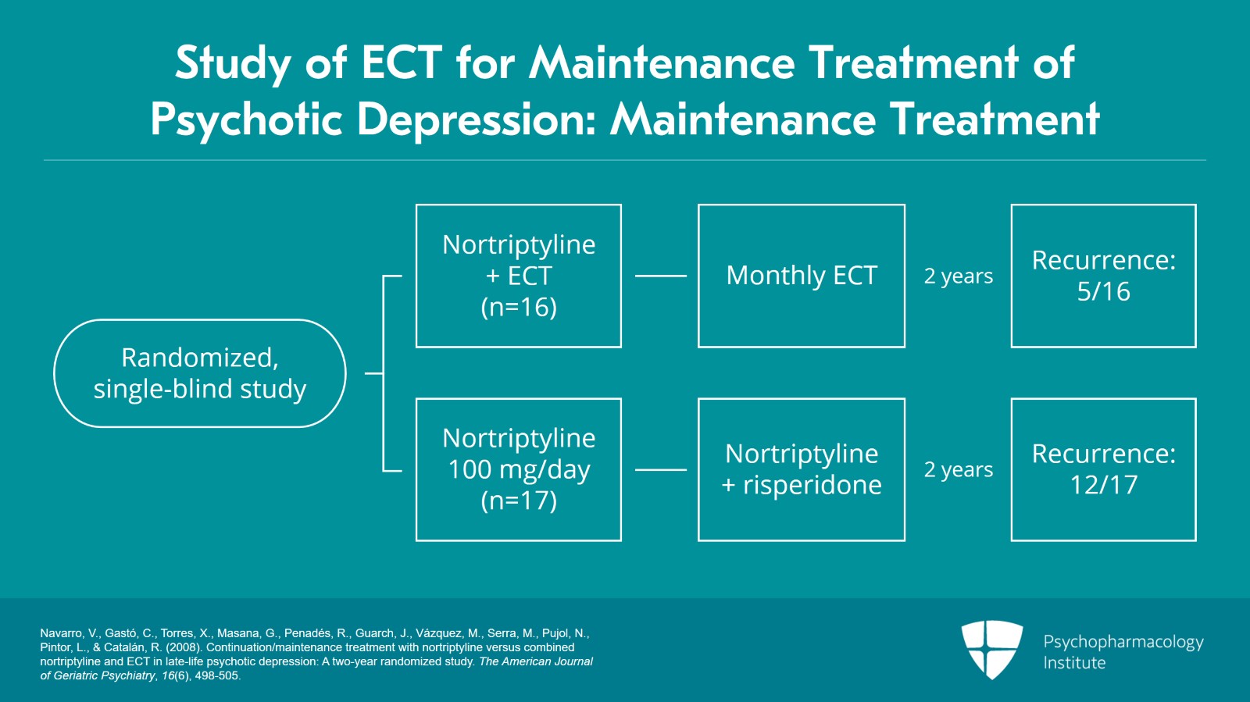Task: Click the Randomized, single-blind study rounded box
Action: (199, 373)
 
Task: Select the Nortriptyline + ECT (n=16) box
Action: (519, 276)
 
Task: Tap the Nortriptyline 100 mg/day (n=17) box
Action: (519, 469)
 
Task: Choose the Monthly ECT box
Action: (802, 276)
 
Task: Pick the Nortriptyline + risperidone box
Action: (802, 469)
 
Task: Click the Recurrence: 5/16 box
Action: (1103, 276)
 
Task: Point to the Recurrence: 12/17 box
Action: (1103, 469)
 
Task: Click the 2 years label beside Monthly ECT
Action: (959, 276)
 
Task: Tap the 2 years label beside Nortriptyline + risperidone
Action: (959, 470)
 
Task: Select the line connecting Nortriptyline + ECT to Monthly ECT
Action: (660, 276)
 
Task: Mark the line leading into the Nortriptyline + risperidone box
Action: (660, 470)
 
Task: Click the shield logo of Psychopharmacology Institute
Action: (992, 649)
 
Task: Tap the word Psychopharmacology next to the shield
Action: (1123, 642)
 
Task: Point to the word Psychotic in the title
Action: (247, 119)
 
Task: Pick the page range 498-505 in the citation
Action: (218, 676)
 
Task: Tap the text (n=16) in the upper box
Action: (519, 307)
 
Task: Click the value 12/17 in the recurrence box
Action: (1103, 485)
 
